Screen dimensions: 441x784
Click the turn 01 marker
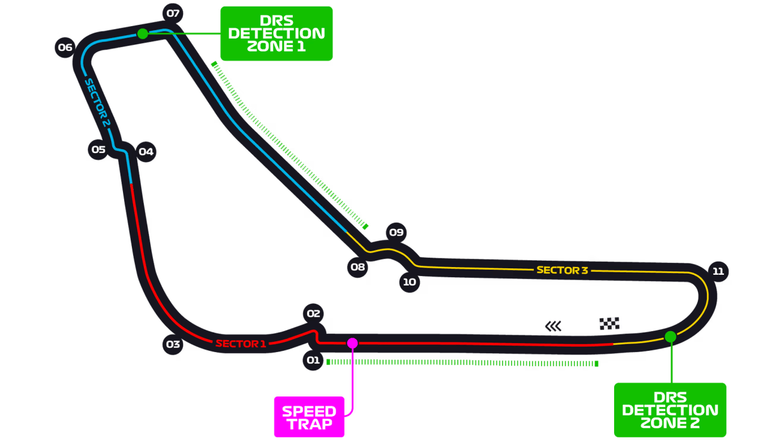pyautogui.click(x=313, y=360)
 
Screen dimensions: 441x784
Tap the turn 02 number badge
pyautogui.click(x=314, y=314)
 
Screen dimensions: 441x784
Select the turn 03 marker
pyautogui.click(x=173, y=344)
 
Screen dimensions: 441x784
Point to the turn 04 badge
pyautogui.click(x=146, y=152)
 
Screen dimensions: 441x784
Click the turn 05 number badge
pyautogui.click(x=99, y=150)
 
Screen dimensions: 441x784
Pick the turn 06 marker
pyautogui.click(x=65, y=47)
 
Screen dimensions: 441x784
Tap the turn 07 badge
pyautogui.click(x=173, y=13)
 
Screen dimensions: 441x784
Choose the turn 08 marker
pyautogui.click(x=358, y=267)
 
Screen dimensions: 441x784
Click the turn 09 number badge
pyautogui.click(x=396, y=232)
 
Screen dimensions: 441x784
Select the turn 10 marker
pyautogui.click(x=410, y=282)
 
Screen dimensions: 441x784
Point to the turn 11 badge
pyautogui.click(x=719, y=271)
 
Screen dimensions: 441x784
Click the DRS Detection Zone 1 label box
pyautogui.click(x=276, y=33)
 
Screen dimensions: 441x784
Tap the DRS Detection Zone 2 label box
pyautogui.click(x=670, y=410)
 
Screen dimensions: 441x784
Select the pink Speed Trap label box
pyautogui.click(x=309, y=417)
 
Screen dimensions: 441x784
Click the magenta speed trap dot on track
pyautogui.click(x=352, y=342)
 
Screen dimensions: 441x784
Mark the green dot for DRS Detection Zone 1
pyautogui.click(x=143, y=33)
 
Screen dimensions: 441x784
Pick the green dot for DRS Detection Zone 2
pyautogui.click(x=671, y=337)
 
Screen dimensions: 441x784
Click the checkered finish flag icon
pyautogui.click(x=609, y=324)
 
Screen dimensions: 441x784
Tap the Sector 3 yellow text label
pyautogui.click(x=562, y=270)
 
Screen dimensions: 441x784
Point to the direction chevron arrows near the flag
pyautogui.click(x=554, y=326)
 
